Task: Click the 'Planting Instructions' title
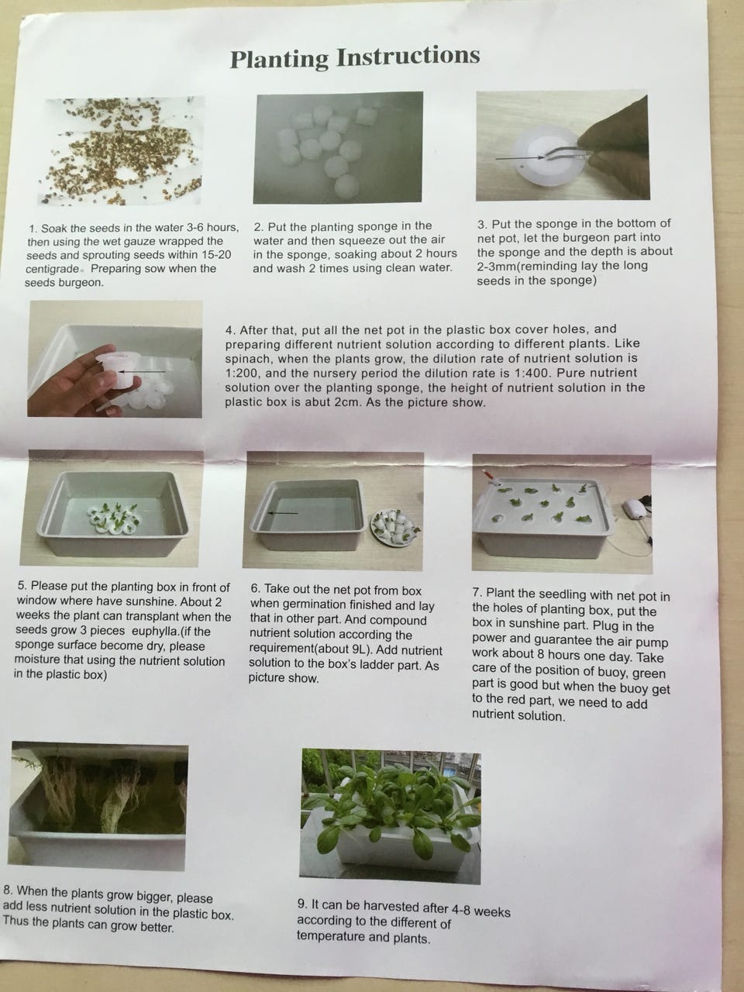point(355,57)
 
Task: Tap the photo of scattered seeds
point(122,151)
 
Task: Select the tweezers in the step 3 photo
point(567,154)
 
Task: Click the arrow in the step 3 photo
point(520,158)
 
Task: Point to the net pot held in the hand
point(119,371)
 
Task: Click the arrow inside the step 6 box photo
point(282,513)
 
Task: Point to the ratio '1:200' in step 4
point(241,374)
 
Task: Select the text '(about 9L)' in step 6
point(346,650)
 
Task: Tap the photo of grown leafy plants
point(391,816)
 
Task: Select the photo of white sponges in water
point(338,147)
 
